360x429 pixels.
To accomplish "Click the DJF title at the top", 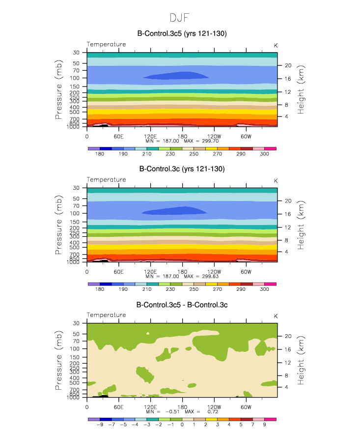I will pyautogui.click(x=179, y=18).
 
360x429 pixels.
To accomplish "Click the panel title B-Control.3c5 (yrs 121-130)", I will pyautogui.click(x=182, y=33).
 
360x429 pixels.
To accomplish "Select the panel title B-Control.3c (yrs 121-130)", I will pyautogui.click(x=182, y=169).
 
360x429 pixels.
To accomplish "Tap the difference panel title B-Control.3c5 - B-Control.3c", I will pyautogui.click(x=182, y=305).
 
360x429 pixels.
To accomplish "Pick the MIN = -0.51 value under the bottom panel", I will pyautogui.click(x=176, y=411).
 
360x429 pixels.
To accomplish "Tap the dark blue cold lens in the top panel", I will pyautogui.click(x=175, y=76).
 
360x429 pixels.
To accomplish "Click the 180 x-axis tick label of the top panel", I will pyautogui.click(x=182, y=136).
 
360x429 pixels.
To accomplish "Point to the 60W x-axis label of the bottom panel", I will pyautogui.click(x=246, y=407).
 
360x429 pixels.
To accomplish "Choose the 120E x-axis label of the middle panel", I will pyautogui.click(x=150, y=271).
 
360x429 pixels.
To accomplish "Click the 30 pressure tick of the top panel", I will pyautogui.click(x=77, y=53).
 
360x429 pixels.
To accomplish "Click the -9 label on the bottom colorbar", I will pyautogui.click(x=100, y=425).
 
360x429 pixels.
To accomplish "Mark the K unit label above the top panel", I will pyautogui.click(x=276, y=45).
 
